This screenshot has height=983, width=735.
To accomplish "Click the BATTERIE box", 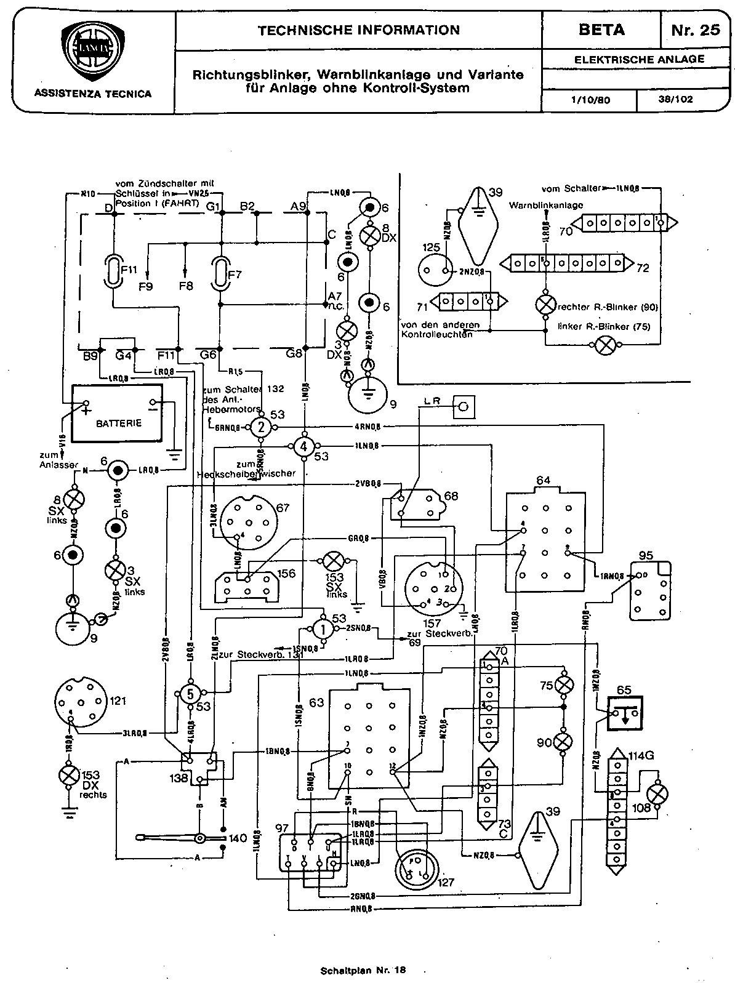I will (118, 413).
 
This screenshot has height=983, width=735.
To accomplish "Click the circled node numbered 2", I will (261, 427).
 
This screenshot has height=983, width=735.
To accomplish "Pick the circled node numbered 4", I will (303, 446).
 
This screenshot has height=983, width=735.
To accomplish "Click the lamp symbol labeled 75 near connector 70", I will (563, 685).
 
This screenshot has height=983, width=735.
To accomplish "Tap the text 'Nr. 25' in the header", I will (696, 30).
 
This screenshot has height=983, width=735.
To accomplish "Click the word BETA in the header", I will (601, 30).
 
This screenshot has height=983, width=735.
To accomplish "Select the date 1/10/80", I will (590, 100).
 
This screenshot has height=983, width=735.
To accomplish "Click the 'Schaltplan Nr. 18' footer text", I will (363, 971).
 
